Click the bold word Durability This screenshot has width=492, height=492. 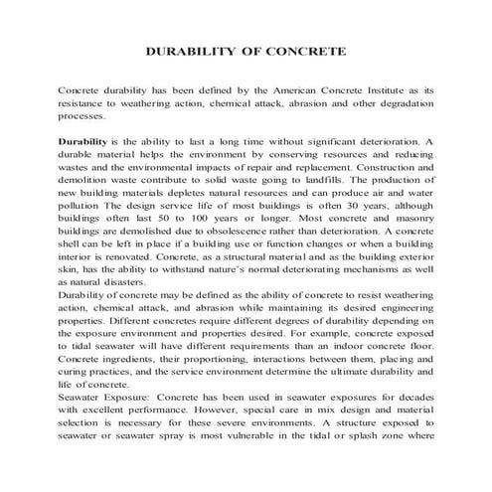(x=82, y=143)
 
